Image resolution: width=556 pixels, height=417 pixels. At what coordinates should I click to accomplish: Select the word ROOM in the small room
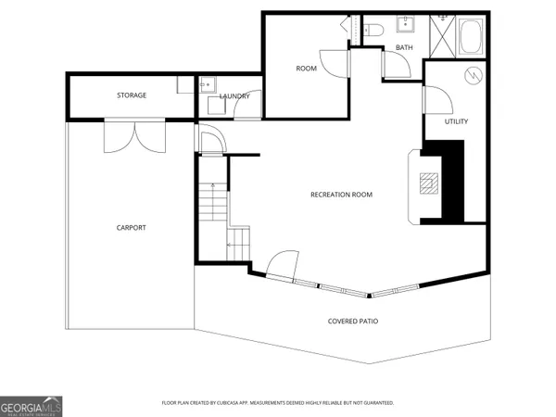tap(307, 69)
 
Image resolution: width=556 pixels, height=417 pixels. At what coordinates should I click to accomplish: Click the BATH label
tap(404, 47)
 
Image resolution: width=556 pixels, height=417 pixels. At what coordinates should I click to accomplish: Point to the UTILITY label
tap(456, 121)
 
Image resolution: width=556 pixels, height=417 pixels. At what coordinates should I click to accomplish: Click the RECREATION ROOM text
tap(341, 195)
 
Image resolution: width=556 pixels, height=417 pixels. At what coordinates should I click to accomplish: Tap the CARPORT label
tap(131, 227)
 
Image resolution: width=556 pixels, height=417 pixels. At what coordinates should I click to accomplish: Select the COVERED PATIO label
tap(353, 322)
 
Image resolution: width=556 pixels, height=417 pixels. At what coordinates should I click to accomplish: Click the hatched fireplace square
tap(428, 182)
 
